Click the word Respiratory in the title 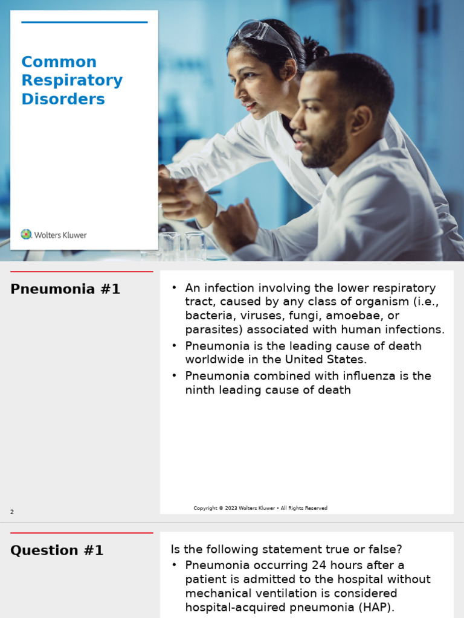(72, 80)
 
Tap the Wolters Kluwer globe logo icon (26, 234)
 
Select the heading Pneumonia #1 (65, 289)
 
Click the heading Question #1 (57, 550)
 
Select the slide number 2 (12, 512)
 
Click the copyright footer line (260, 508)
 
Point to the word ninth (199, 390)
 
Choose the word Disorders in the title (63, 99)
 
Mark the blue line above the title (85, 22)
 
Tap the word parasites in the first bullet (210, 330)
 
